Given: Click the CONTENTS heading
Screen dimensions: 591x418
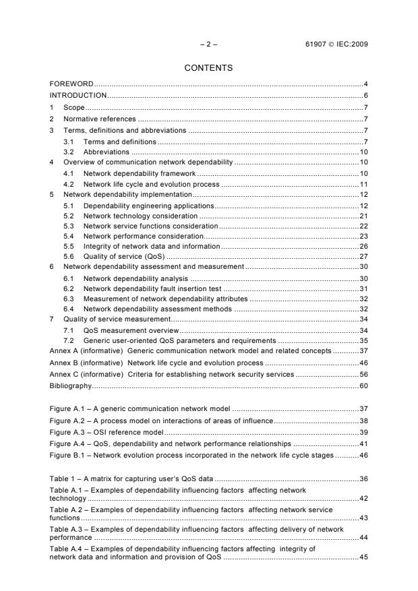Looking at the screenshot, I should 209,68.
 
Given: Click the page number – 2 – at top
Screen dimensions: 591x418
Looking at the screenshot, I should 209,44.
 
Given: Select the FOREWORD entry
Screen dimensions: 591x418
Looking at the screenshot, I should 71,84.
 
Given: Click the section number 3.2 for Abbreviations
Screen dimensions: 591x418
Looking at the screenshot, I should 69,152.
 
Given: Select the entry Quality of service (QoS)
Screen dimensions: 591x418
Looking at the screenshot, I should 123,256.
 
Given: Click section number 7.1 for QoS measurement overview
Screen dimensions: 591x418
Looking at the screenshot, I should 69,330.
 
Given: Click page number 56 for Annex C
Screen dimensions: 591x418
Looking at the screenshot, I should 363,374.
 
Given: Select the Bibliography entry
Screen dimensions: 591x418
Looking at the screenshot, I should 71,385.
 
